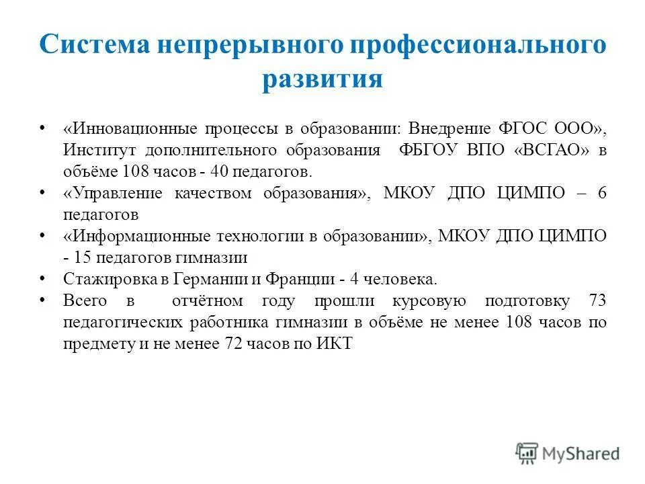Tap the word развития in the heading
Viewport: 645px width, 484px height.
(x=322, y=79)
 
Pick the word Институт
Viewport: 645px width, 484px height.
(x=94, y=149)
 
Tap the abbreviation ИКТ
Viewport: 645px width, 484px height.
(x=337, y=344)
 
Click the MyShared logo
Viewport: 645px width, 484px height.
(x=567, y=454)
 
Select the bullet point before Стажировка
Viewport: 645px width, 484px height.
(x=43, y=279)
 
